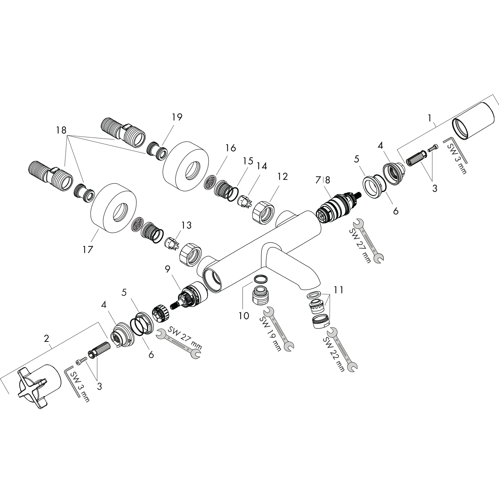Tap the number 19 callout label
click(177, 117)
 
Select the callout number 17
click(88, 249)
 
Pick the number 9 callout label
click(168, 269)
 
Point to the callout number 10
click(244, 315)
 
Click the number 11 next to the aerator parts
click(339, 290)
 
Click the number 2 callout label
click(47, 338)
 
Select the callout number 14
click(262, 166)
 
